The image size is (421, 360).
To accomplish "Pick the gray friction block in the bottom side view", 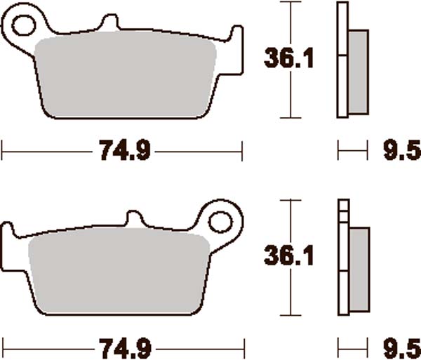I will click(x=358, y=270).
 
